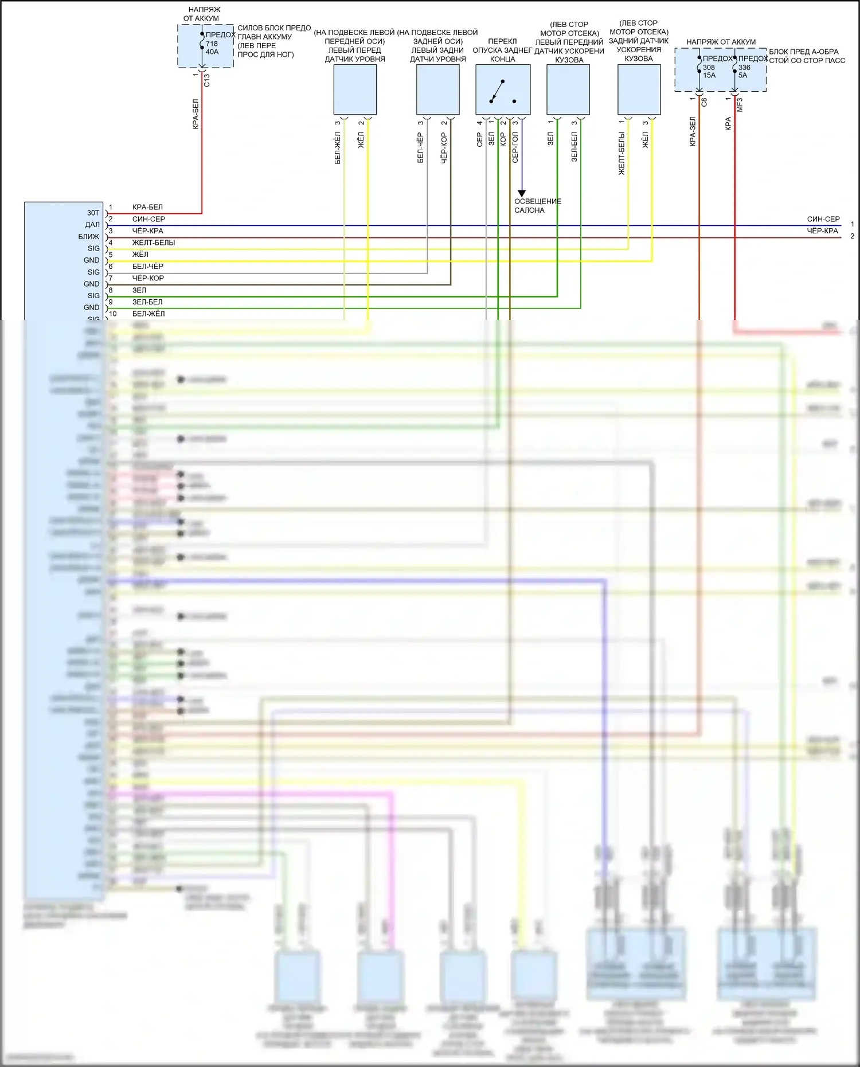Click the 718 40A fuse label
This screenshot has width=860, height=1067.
[x=212, y=48]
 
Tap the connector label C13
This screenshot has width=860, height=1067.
[x=207, y=80]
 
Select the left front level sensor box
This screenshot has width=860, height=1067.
[x=355, y=89]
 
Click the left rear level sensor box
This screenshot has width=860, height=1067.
[x=437, y=89]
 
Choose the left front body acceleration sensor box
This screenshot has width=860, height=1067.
[x=568, y=89]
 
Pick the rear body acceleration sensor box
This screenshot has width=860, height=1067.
[x=639, y=89]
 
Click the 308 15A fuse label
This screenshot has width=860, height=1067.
[x=709, y=71]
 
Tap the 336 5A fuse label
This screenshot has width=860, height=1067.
[x=744, y=71]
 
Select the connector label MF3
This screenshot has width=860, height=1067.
[x=740, y=105]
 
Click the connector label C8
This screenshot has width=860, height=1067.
[x=704, y=102]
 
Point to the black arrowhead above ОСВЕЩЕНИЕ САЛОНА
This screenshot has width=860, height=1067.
[x=521, y=193]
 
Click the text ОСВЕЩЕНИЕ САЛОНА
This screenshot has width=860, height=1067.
[x=537, y=206]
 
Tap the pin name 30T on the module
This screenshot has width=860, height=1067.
[x=93, y=213]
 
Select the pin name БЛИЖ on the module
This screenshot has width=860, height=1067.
[x=89, y=236]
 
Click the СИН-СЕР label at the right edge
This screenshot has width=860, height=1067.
[x=823, y=219]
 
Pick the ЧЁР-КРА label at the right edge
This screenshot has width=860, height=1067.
[x=822, y=230]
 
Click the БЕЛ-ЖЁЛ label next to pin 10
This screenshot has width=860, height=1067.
[x=148, y=314]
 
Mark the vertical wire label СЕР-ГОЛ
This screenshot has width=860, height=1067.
[x=515, y=148]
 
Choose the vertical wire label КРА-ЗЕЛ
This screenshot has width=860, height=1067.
[x=693, y=132]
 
